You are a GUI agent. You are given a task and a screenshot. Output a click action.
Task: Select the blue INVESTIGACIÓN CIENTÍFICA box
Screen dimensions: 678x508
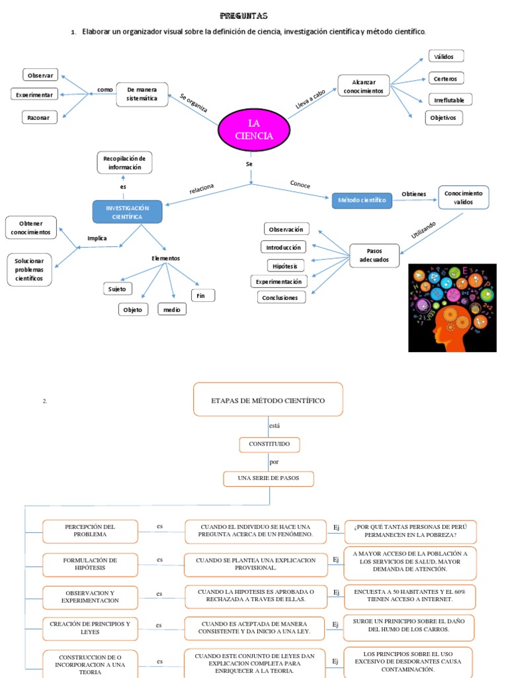pos(126,212)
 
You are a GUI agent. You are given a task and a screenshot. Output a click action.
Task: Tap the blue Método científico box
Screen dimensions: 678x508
pos(362,200)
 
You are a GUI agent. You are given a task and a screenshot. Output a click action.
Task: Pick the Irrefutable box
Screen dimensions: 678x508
pos(450,100)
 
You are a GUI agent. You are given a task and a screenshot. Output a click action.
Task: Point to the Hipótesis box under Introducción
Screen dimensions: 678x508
pos(283,265)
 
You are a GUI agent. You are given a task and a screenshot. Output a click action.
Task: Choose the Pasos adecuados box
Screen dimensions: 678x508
pos(374,256)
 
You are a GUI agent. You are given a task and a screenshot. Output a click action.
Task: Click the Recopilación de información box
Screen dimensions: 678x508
pos(124,163)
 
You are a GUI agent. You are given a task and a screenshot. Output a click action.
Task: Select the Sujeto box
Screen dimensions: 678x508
pos(118,289)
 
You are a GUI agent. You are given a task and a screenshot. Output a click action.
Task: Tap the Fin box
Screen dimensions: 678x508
pos(202,295)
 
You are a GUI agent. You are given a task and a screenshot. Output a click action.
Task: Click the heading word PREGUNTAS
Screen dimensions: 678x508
pos(243,16)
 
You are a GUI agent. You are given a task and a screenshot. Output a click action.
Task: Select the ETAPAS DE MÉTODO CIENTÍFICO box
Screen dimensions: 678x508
pos(268,400)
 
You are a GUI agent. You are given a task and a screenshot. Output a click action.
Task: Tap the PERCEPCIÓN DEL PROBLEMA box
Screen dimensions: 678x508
pos(90,531)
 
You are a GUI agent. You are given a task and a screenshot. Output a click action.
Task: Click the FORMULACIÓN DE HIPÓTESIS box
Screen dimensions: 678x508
pos(90,564)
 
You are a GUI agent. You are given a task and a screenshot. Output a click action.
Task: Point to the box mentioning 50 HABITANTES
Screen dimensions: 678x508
pos(410,595)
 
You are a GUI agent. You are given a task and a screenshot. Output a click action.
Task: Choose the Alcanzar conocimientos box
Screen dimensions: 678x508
pos(364,86)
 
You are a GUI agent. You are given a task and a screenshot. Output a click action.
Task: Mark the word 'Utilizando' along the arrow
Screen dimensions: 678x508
pos(424,230)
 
